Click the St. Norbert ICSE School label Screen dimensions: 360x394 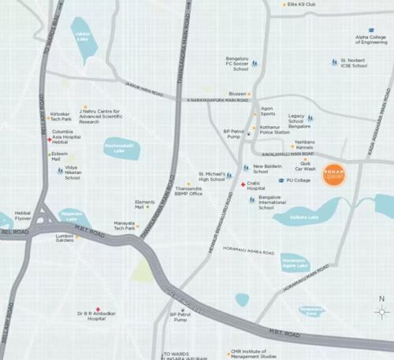[353, 63]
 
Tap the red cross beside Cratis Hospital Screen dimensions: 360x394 [243, 184]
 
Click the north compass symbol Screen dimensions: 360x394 [381, 310]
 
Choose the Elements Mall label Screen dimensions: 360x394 [145, 204]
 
